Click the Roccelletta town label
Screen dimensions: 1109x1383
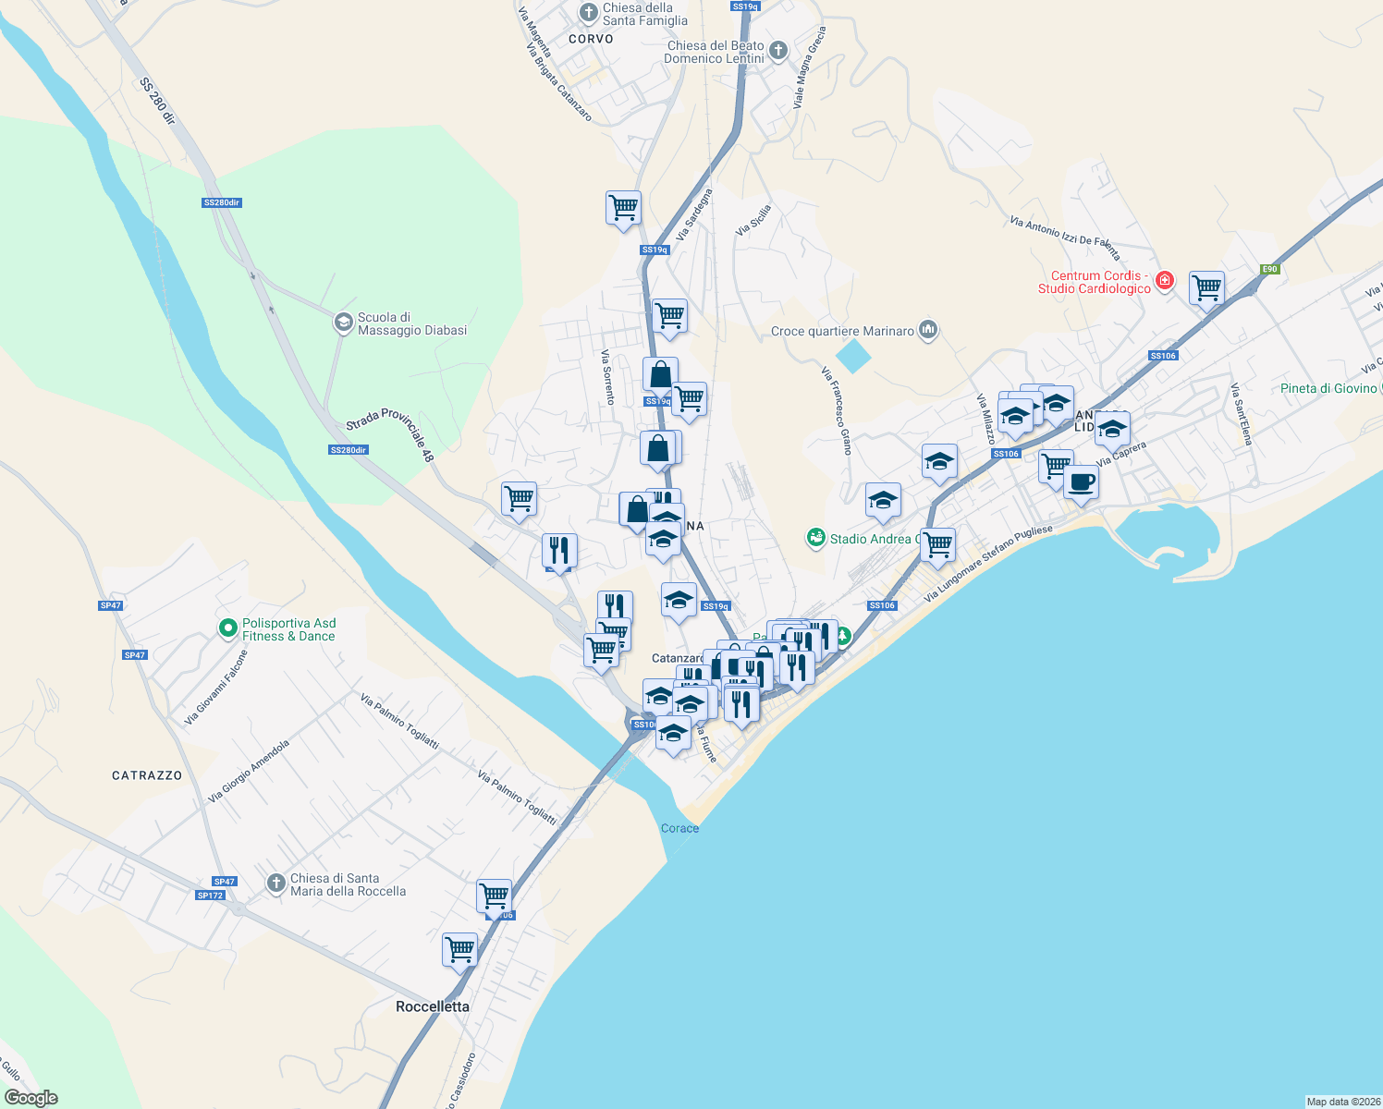click(x=432, y=1006)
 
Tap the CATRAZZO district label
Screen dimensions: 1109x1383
click(x=147, y=775)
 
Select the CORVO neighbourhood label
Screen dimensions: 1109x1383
click(x=591, y=39)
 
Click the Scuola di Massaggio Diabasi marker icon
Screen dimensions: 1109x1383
click(x=343, y=323)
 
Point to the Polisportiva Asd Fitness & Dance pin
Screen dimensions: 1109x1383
click(x=227, y=628)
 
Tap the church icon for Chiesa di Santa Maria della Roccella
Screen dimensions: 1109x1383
click(x=275, y=884)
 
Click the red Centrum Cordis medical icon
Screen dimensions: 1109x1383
click(x=1165, y=280)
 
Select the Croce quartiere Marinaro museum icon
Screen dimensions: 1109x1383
click(x=929, y=330)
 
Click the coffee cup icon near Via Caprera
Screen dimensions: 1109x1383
click(x=1081, y=481)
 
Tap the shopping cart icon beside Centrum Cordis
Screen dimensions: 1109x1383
click(x=1206, y=287)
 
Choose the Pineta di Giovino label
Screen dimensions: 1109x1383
click(x=1328, y=388)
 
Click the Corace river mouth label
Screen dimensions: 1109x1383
click(x=679, y=828)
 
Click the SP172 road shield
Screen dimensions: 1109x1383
click(x=210, y=896)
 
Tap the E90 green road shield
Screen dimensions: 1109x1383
click(x=1269, y=270)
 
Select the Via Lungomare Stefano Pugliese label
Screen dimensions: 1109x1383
click(x=988, y=564)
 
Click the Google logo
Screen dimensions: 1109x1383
click(x=31, y=1098)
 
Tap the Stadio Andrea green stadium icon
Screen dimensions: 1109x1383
click(x=815, y=538)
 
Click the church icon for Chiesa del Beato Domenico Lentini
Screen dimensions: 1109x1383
click(x=778, y=51)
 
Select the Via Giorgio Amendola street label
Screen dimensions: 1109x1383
click(x=249, y=771)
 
